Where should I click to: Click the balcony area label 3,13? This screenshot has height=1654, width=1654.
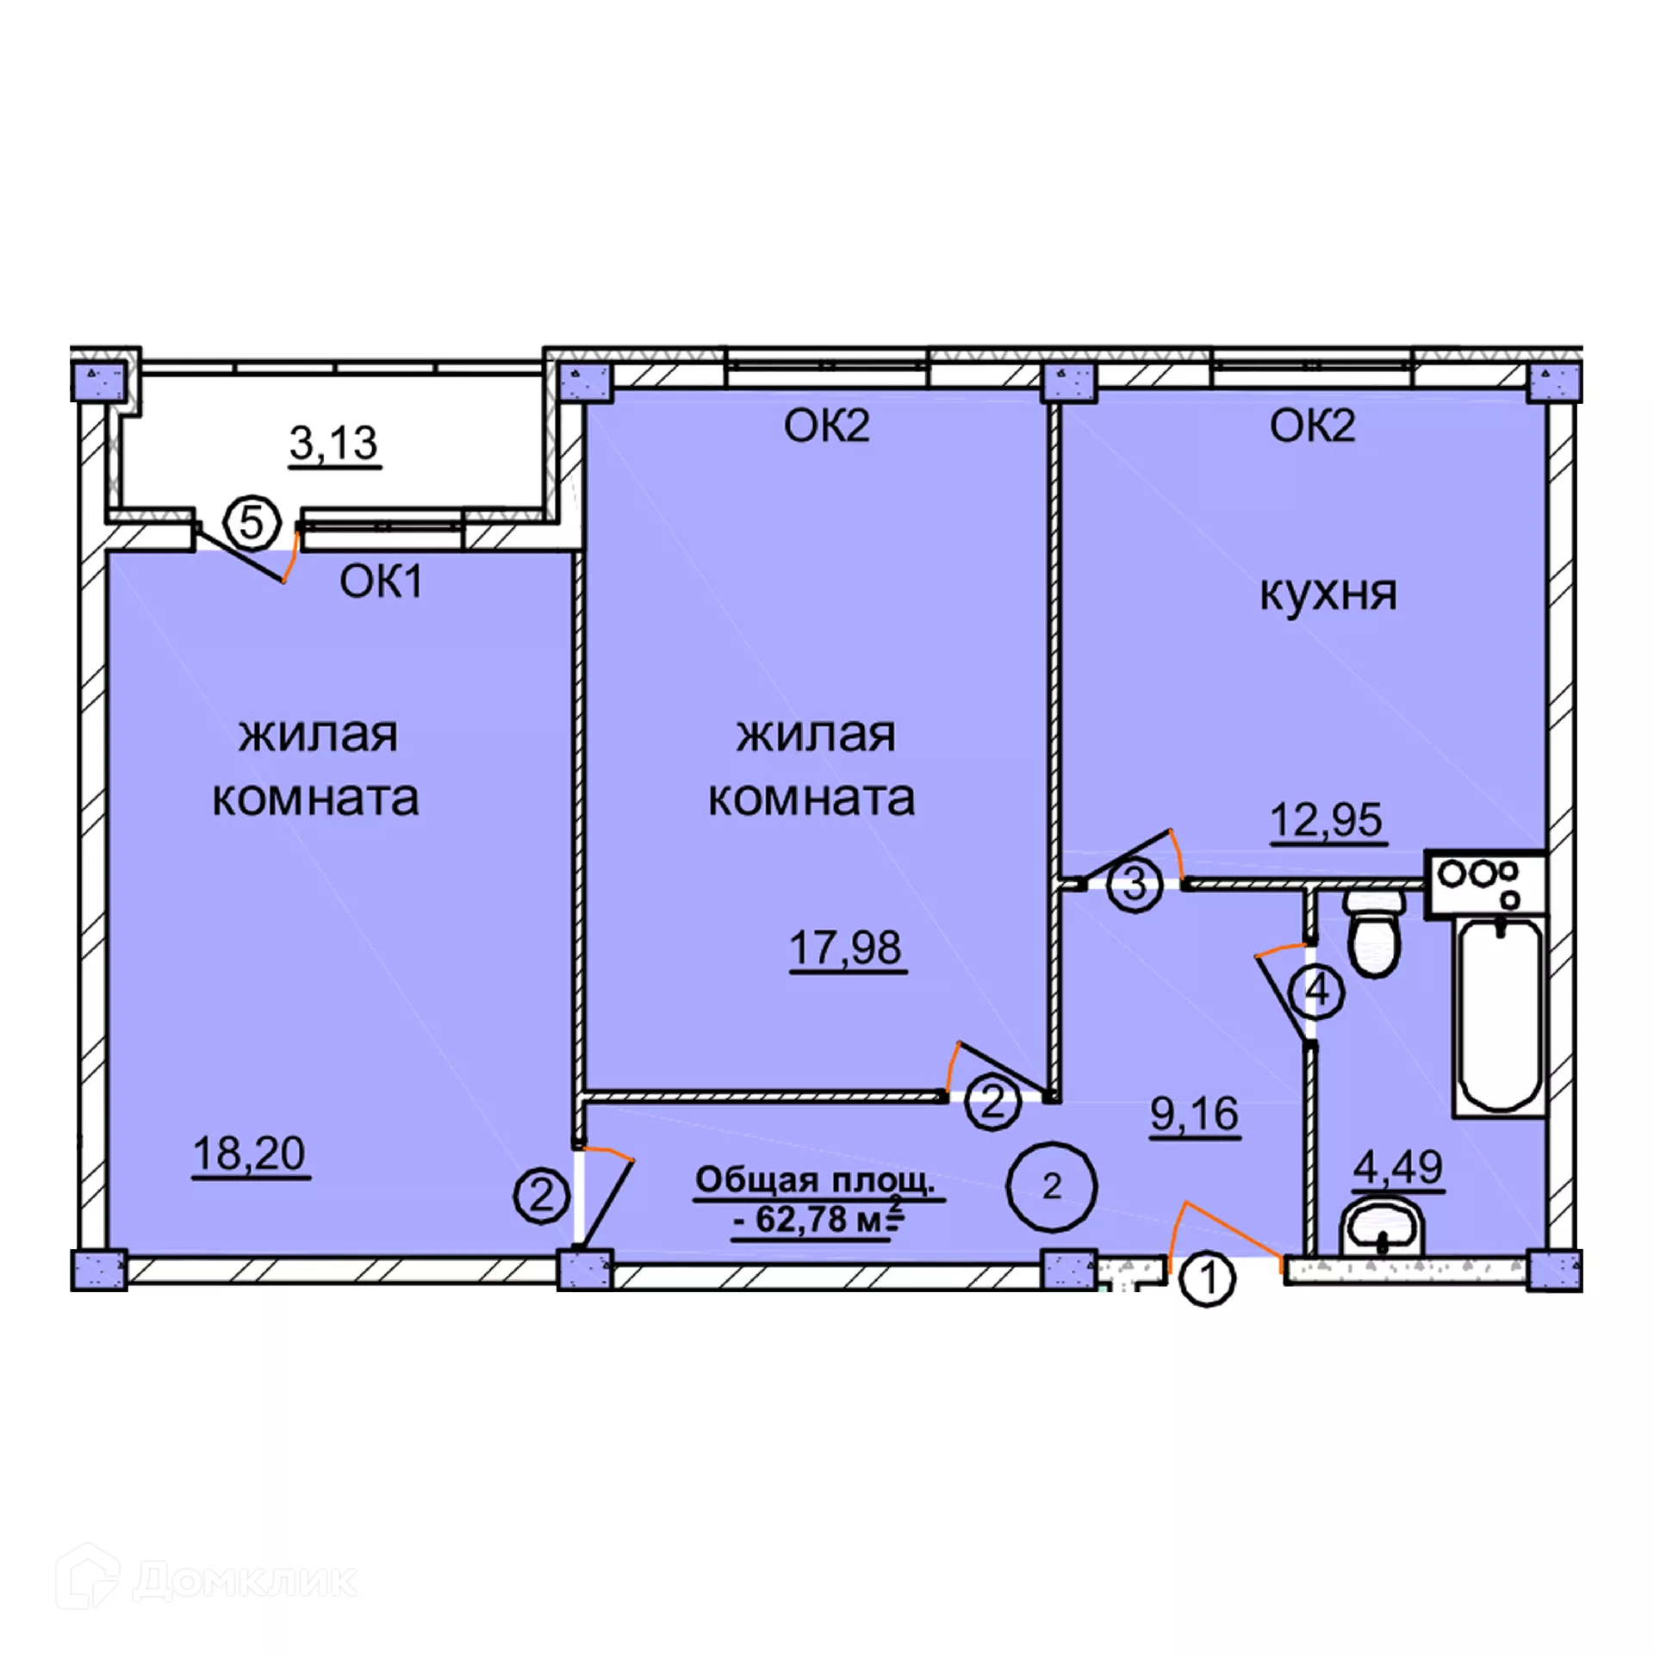[333, 444]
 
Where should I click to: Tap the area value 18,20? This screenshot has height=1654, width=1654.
[249, 1153]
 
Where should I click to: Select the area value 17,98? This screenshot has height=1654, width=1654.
[846, 948]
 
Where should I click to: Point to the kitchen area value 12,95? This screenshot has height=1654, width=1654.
[1327, 819]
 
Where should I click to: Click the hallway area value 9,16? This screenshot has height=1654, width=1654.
[1195, 1114]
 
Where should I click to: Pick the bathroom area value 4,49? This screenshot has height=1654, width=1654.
[1397, 1167]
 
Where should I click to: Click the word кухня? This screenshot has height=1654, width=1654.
[1328, 594]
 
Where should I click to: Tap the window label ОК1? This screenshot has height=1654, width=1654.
[381, 582]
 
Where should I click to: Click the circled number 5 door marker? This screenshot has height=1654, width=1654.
[252, 523]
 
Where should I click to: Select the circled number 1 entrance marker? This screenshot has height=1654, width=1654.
[1207, 1279]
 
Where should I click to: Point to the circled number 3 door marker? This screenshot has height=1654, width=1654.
[1135, 884]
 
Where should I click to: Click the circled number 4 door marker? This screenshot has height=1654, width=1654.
[1317, 992]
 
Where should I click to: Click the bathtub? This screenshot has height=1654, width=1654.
[1499, 1017]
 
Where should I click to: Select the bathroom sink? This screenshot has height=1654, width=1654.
[1383, 1228]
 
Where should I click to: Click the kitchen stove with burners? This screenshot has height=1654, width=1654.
[1484, 882]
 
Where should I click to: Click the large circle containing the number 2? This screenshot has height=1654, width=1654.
[1052, 1187]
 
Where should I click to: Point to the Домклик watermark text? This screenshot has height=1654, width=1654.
[246, 1581]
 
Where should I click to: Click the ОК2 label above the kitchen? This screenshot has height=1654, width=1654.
[1312, 426]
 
